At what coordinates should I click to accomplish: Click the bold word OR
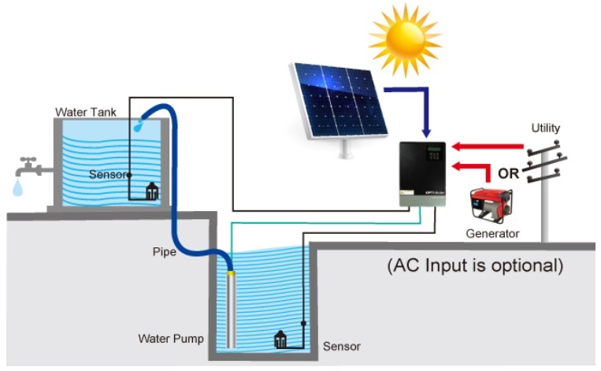pyautogui.click(x=507, y=173)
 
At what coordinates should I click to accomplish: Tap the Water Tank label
pyautogui.click(x=86, y=113)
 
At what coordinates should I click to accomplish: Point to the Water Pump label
pyautogui.click(x=171, y=339)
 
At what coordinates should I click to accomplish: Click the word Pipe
pyautogui.click(x=164, y=252)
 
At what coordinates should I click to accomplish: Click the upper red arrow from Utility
pyautogui.click(x=488, y=146)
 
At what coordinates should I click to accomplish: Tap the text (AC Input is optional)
pyautogui.click(x=475, y=265)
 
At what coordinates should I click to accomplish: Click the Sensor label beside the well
pyautogui.click(x=342, y=347)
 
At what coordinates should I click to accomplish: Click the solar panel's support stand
pyautogui.click(x=343, y=148)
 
